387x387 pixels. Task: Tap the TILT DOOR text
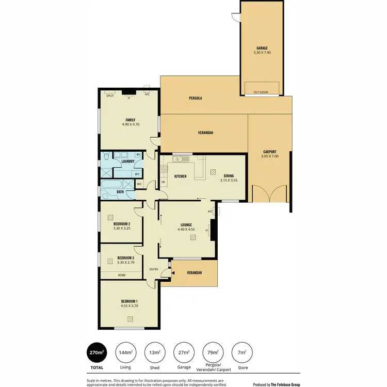(261, 93)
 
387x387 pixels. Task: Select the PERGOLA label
(195, 98)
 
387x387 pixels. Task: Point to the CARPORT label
(269, 152)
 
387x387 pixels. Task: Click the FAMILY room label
(130, 120)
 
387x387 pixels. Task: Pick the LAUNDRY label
(127, 161)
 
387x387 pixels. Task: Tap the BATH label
(120, 192)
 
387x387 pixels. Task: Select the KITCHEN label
(180, 176)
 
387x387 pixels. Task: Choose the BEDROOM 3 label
(125, 258)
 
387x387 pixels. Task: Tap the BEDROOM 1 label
(129, 301)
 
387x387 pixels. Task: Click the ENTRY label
(154, 269)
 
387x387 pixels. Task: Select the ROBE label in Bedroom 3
(122, 275)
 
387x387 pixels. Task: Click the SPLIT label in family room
(109, 95)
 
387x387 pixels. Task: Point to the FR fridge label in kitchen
(163, 182)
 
